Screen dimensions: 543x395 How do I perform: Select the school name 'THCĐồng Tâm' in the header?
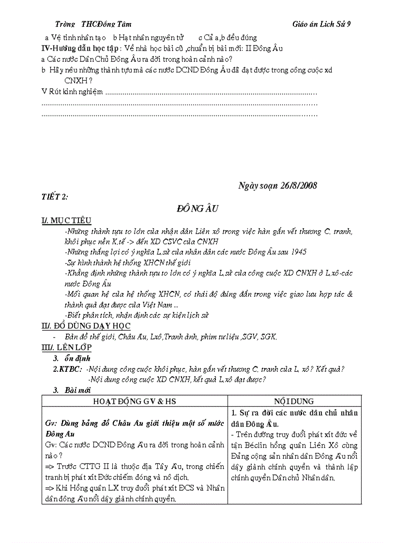[106, 24]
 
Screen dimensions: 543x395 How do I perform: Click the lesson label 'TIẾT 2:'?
[54, 196]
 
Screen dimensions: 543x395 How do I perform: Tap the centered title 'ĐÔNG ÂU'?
[198, 209]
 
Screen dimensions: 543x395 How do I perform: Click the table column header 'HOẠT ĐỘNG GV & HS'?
[135, 401]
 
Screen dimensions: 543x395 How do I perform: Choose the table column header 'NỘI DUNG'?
[294, 401]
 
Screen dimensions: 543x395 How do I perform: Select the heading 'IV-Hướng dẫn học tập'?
[80, 48]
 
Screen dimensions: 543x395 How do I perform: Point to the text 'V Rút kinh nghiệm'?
[73, 92]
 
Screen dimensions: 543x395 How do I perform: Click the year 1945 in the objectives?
[297, 252]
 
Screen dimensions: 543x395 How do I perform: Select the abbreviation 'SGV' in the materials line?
[249, 337]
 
